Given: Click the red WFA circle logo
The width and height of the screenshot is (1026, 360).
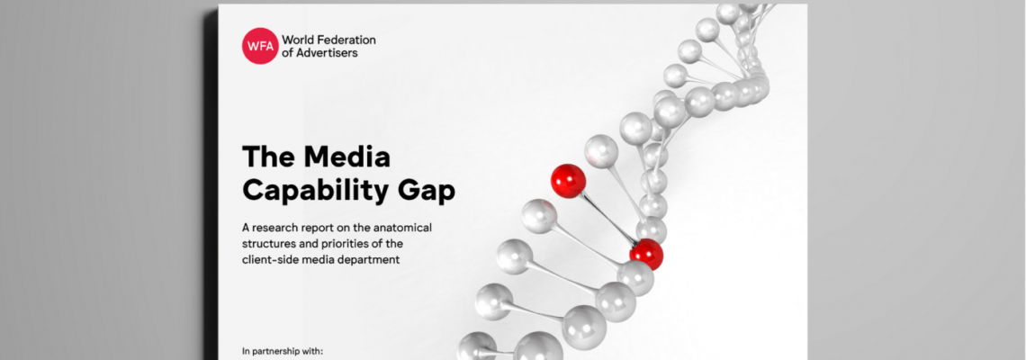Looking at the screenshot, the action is (260, 46).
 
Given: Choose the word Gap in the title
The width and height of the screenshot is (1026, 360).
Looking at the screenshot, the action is (429, 192).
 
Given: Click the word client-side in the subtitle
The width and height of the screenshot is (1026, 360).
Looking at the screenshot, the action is (270, 260).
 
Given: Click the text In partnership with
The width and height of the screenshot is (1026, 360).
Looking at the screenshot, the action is (283, 352).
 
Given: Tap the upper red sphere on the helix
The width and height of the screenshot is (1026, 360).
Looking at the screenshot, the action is (568, 181).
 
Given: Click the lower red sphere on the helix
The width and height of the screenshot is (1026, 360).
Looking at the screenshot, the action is (646, 255).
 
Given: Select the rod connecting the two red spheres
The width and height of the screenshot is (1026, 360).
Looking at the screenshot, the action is (607, 218).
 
